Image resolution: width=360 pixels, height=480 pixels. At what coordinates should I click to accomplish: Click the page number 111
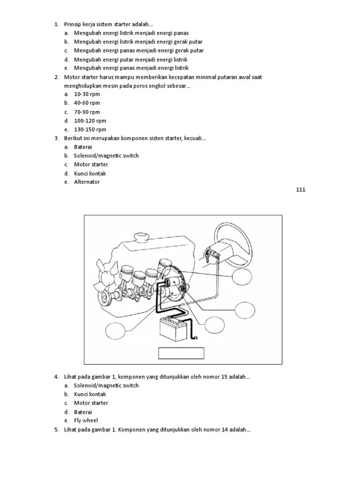pyautogui.click(x=300, y=189)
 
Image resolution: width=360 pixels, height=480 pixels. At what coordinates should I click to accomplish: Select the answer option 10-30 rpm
pyautogui.click(x=87, y=94)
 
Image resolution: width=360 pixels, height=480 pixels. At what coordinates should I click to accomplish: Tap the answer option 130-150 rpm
pyautogui.click(x=90, y=129)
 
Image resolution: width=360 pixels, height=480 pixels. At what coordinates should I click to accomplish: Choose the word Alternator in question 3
pyautogui.click(x=87, y=182)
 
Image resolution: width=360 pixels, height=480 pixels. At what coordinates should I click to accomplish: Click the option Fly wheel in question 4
pyautogui.click(x=86, y=420)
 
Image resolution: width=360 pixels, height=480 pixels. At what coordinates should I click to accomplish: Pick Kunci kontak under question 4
pyautogui.click(x=90, y=394)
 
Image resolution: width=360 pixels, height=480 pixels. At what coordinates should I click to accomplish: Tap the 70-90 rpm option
pyautogui.click(x=87, y=112)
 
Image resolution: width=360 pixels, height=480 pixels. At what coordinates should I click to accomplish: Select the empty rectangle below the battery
pyautogui.click(x=181, y=353)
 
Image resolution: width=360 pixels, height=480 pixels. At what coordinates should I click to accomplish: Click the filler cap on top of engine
pyautogui.click(x=140, y=236)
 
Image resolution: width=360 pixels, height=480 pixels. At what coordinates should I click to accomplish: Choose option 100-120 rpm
pyautogui.click(x=90, y=120)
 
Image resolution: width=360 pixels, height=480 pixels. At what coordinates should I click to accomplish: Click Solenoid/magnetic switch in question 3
pyautogui.click(x=106, y=156)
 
